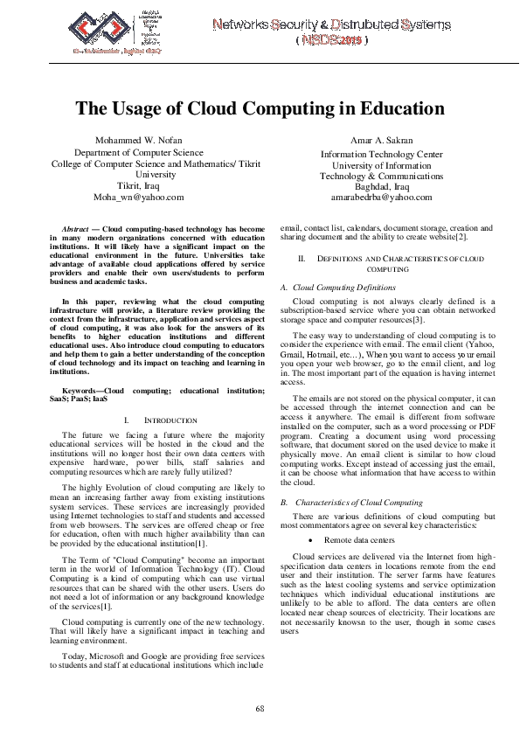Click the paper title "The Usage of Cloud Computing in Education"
coord(260,109)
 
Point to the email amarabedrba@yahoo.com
coord(376,197)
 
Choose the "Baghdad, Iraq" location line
coord(376,185)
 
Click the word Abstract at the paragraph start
coord(81,227)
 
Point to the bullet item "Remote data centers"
coord(359,541)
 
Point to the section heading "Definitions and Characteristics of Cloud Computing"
coord(392,264)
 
